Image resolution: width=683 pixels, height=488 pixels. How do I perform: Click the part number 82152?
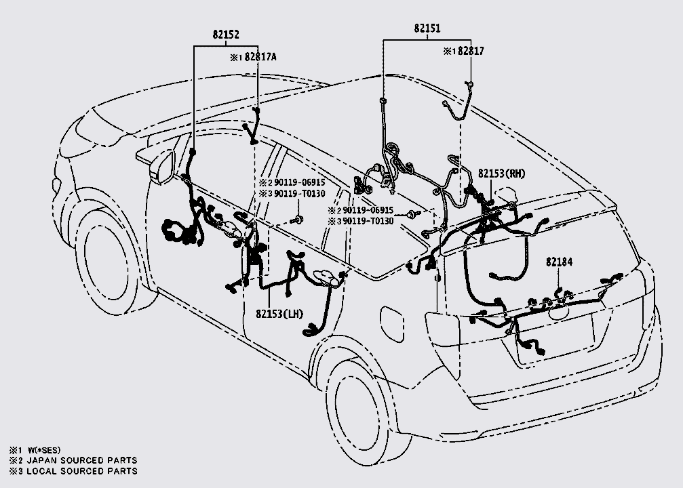pyautogui.click(x=225, y=33)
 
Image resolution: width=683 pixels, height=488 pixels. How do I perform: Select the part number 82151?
pyautogui.click(x=427, y=28)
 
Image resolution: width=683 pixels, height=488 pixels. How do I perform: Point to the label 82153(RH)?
pyautogui.click(x=501, y=174)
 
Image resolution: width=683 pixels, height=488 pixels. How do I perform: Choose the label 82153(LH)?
pyautogui.click(x=281, y=313)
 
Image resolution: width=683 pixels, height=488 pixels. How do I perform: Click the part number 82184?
pyautogui.click(x=558, y=261)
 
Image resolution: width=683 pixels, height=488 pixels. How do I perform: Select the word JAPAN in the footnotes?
pyautogui.click(x=42, y=460)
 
